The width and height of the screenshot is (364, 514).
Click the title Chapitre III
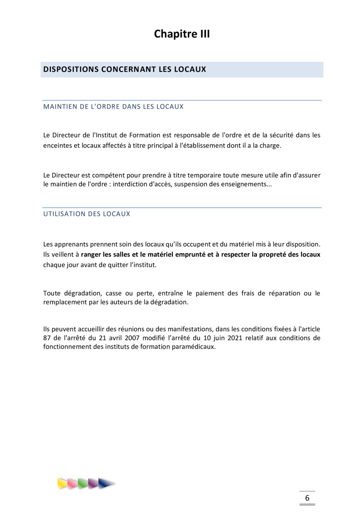(x=182, y=34)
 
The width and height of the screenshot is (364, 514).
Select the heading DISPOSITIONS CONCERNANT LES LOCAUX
(x=125, y=69)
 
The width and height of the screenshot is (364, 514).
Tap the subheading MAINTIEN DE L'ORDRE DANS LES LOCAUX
(x=113, y=107)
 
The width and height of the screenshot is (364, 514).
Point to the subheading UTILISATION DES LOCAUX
(x=87, y=214)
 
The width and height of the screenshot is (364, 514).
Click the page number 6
(x=307, y=498)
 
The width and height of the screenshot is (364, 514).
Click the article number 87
(x=47, y=338)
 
